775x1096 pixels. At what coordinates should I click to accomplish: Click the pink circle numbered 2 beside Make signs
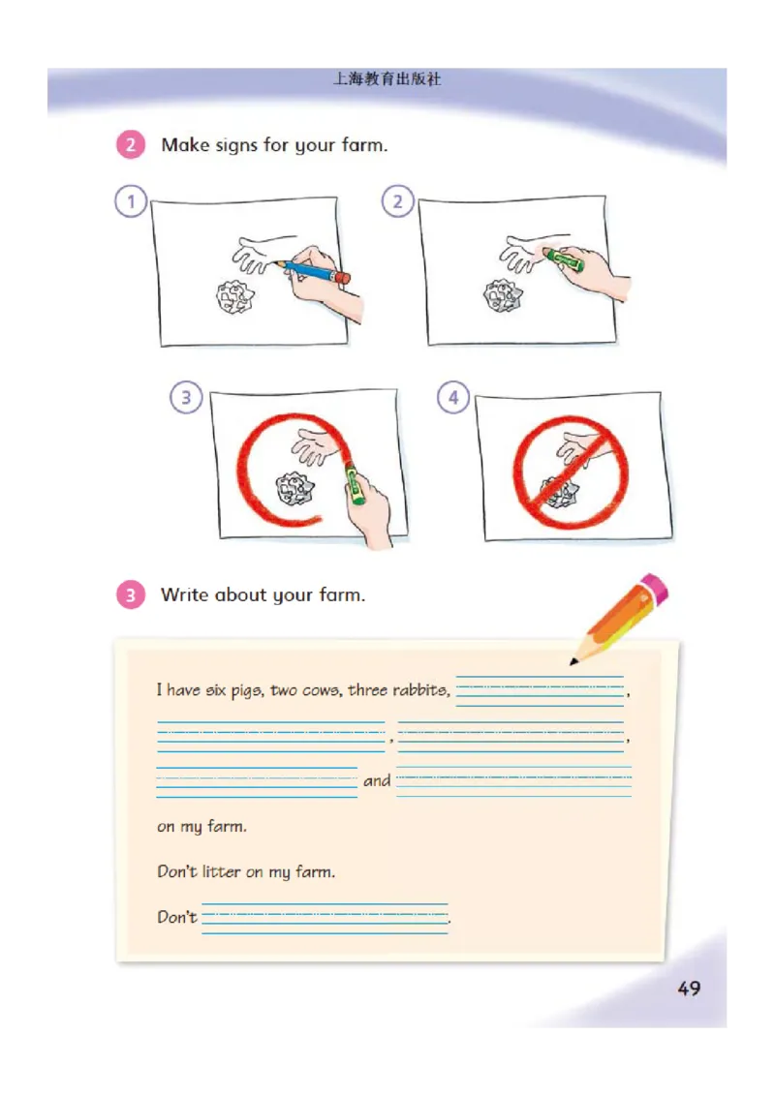130,144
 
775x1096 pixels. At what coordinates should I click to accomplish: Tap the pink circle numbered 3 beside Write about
130,594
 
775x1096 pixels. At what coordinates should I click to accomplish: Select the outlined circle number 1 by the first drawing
131,201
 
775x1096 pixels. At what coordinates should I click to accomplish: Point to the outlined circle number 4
453,397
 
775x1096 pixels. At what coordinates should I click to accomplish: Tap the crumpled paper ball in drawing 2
502,295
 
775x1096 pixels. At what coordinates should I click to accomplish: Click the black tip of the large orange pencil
574,660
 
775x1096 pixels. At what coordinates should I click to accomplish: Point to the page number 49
689,988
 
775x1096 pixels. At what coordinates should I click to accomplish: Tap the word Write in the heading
185,594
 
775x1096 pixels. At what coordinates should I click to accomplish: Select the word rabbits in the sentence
420,690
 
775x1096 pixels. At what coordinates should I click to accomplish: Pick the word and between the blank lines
377,780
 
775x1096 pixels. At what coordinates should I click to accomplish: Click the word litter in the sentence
222,871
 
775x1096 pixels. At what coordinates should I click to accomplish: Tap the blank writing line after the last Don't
325,918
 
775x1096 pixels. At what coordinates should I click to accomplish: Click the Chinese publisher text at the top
387,79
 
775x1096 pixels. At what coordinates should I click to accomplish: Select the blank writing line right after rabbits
540,691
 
